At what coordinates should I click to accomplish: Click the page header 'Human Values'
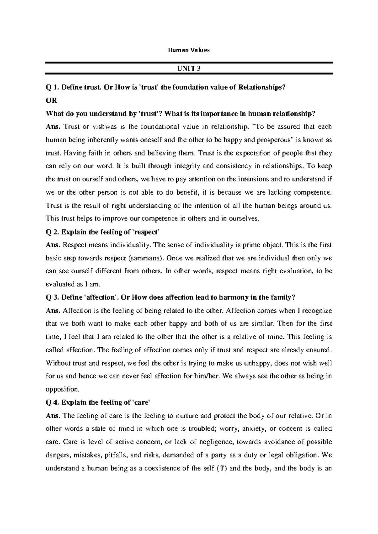[x=189, y=50]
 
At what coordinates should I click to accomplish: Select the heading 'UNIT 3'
[x=189, y=68]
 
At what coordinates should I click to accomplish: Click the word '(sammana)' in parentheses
[x=146, y=258]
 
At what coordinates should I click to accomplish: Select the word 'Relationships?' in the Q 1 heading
[x=262, y=88]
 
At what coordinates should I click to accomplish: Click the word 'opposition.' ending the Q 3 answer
[x=63, y=389]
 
